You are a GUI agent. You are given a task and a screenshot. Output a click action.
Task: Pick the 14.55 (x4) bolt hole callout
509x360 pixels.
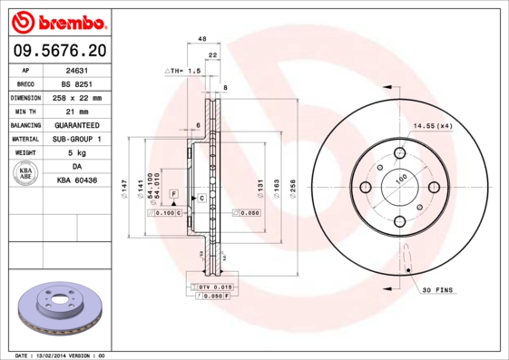(433, 126)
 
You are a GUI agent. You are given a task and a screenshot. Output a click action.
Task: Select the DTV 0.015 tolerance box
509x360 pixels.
(210, 287)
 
